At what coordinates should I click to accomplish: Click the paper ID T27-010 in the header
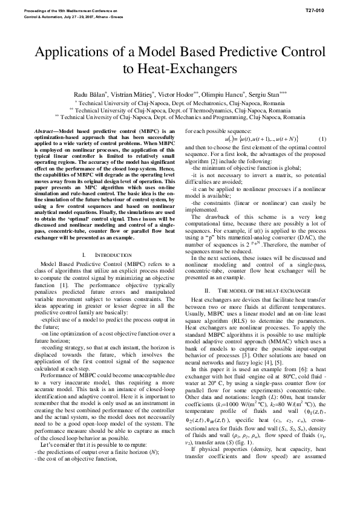(x=324, y=11)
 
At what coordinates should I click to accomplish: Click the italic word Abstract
(x=46, y=131)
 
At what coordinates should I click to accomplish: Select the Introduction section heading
(x=110, y=255)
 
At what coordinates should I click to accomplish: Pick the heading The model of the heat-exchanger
(x=260, y=291)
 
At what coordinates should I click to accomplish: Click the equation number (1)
(x=322, y=139)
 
